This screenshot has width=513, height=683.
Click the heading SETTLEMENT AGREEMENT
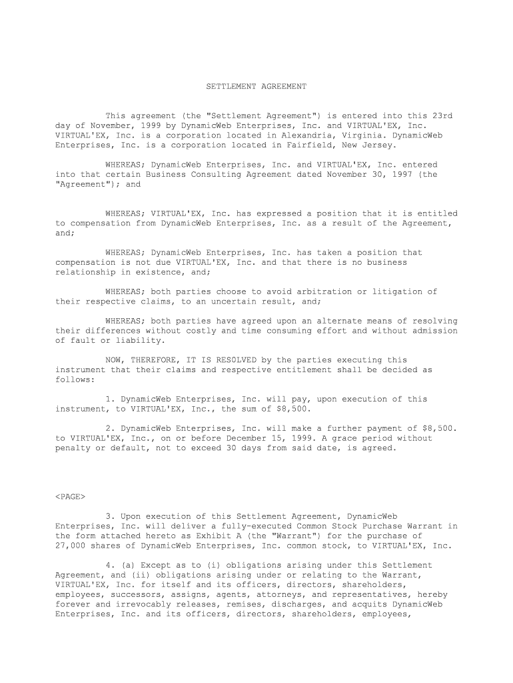coord(256,87)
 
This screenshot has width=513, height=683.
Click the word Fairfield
coord(311,145)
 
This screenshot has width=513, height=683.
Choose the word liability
coord(141,340)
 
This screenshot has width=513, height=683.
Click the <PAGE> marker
coord(70,497)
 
